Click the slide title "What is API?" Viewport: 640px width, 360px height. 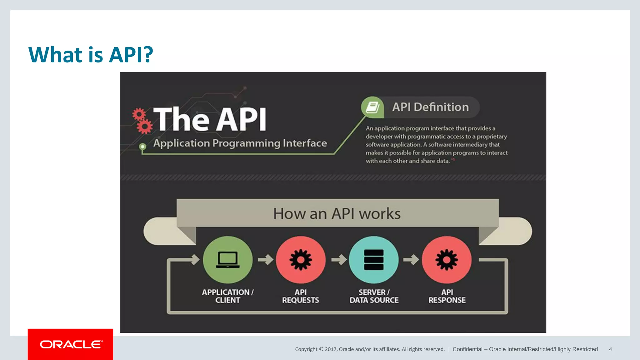(91, 55)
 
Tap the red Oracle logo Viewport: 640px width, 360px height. (70, 344)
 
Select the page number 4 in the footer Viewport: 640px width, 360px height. (610, 349)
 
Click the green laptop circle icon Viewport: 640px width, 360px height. (227, 260)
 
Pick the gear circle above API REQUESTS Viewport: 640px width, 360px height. (301, 260)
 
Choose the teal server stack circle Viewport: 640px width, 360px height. (374, 260)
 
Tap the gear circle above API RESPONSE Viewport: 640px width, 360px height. (447, 260)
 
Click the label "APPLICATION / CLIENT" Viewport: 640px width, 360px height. (227, 296)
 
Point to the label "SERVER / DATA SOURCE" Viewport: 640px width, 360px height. (374, 296)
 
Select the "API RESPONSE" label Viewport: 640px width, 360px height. (447, 296)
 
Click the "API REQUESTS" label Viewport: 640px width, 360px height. (301, 296)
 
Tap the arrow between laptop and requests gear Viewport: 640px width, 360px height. (266, 259)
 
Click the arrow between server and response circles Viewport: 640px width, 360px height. (411, 259)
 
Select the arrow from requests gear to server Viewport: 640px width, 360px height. (339, 259)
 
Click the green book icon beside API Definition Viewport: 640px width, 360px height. (372, 107)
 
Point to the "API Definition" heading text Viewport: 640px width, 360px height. (430, 107)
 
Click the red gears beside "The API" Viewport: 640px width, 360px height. (142, 121)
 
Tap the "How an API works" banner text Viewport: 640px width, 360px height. (337, 214)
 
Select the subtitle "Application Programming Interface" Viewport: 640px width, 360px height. (240, 143)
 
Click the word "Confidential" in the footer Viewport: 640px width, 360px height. (467, 349)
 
